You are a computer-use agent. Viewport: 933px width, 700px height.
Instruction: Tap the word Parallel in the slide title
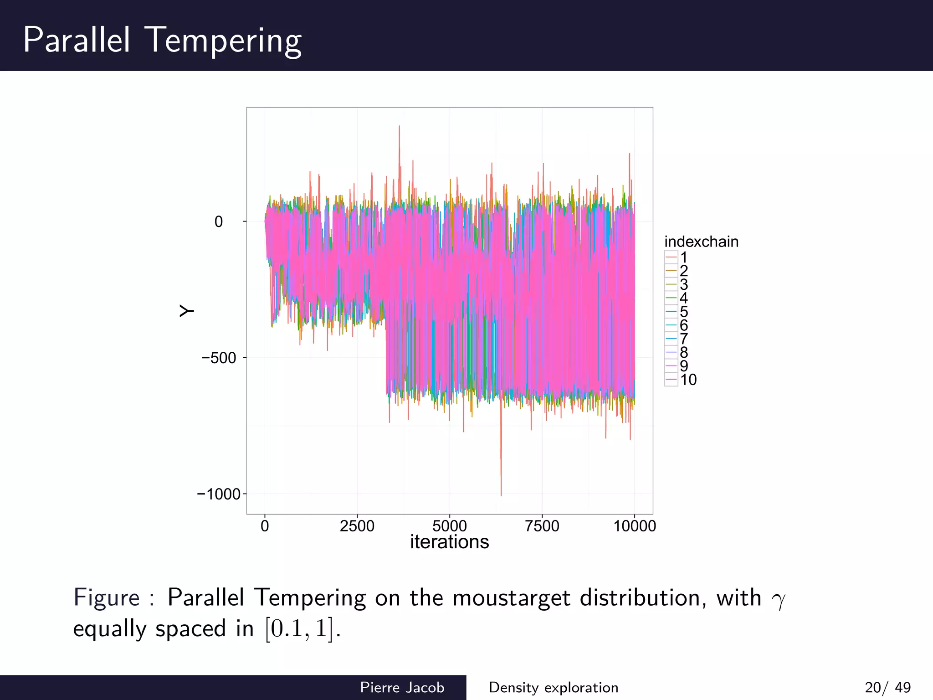[x=77, y=40]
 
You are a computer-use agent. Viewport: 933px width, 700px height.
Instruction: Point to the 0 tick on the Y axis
[x=219, y=222]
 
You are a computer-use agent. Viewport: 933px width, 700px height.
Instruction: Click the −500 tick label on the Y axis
[x=219, y=358]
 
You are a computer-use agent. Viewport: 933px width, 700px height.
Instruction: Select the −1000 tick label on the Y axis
[x=218, y=494]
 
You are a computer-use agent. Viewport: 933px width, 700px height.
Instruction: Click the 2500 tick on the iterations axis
[x=357, y=526]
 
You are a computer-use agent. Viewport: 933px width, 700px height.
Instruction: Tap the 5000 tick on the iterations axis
[x=450, y=526]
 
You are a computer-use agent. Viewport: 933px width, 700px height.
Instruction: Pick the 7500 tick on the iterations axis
[x=542, y=526]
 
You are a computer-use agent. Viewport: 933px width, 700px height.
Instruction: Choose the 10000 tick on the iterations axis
[x=635, y=526]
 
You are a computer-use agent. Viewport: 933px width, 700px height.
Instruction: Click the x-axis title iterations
[x=449, y=542]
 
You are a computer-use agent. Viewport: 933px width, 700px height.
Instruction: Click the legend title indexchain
[x=701, y=242]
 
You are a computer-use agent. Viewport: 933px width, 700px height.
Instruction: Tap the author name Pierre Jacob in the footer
[x=402, y=687]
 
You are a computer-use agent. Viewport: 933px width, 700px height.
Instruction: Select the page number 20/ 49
[x=887, y=687]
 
